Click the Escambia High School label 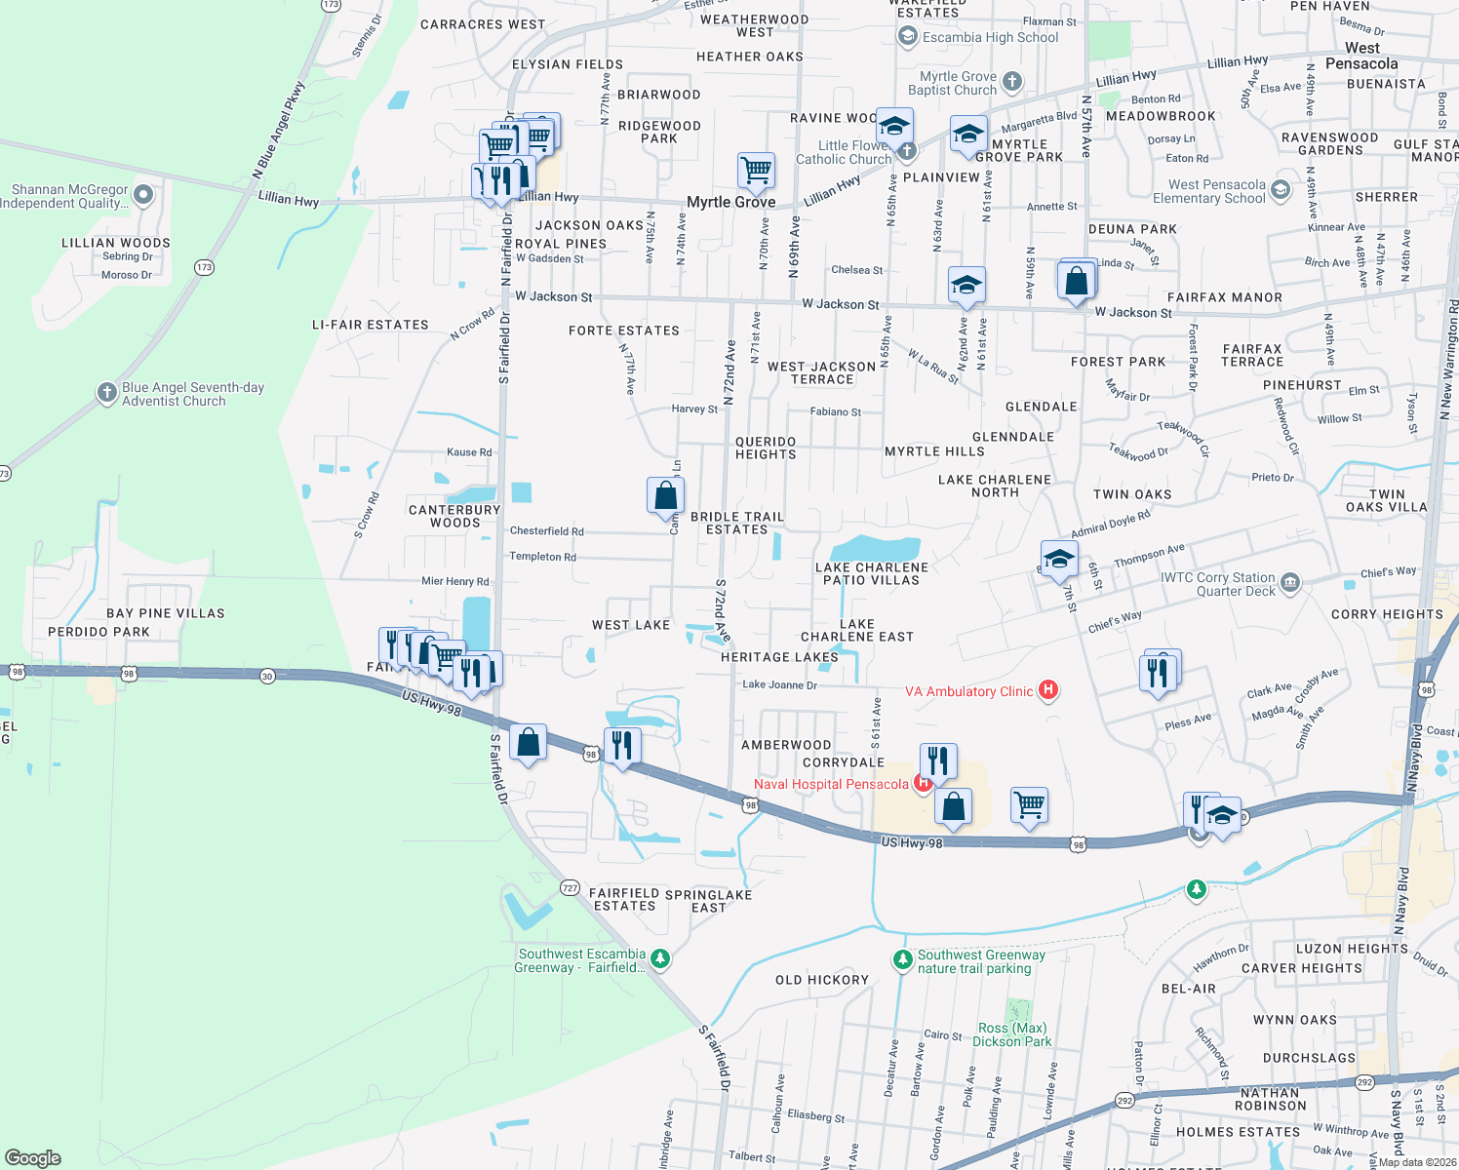990,37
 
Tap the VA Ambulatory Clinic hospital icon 1048,690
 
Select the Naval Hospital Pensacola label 831,784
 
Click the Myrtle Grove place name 730,202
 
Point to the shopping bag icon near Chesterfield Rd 665,496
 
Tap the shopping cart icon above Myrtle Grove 757,171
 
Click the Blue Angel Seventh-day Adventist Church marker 107,393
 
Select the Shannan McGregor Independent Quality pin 143,195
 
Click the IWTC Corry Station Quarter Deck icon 1290,583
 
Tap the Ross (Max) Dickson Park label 1011,1034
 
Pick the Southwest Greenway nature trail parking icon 902,960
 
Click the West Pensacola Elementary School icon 1281,190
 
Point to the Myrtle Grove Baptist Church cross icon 1012,82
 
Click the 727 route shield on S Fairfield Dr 570,888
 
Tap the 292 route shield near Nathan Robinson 1364,1082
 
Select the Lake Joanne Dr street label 779,684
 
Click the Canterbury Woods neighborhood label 454,516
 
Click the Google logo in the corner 33,1157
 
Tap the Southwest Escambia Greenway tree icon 660,959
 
